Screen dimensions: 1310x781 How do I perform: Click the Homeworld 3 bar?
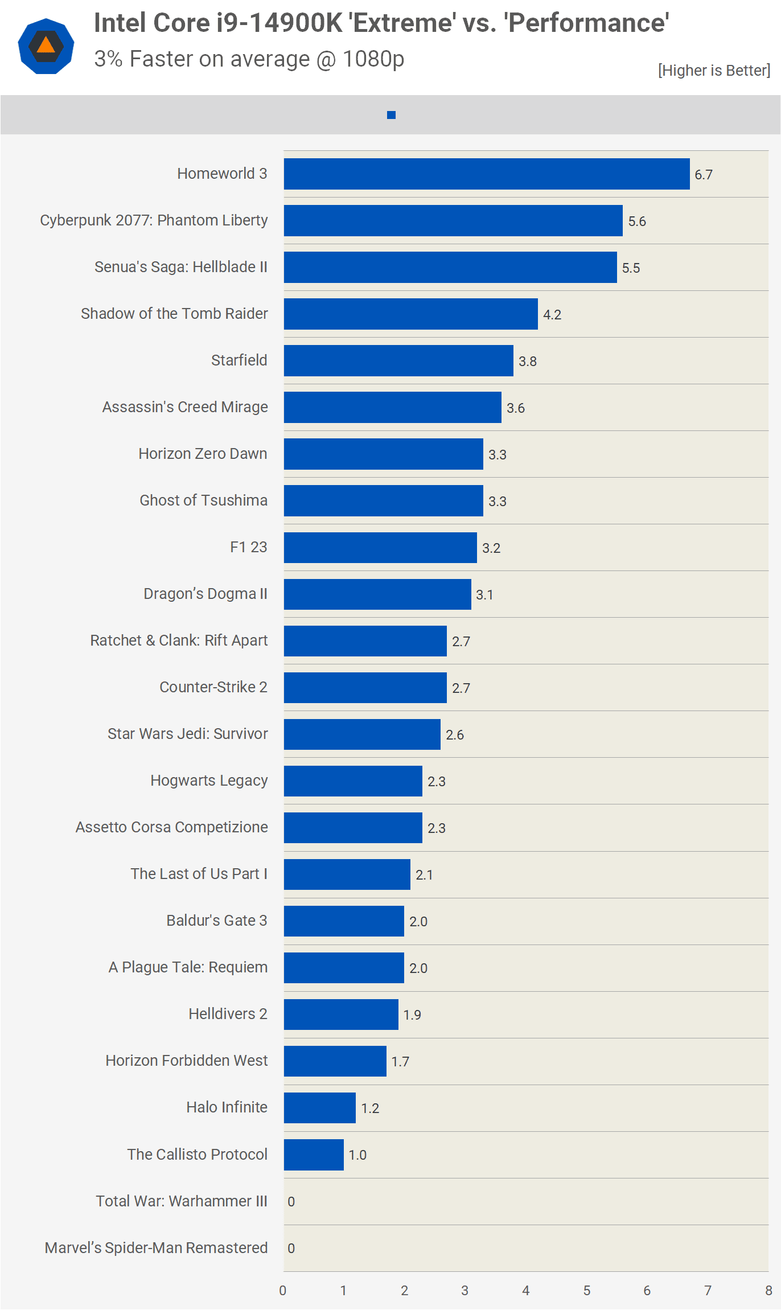point(487,174)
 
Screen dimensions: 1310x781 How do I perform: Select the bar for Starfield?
point(398,361)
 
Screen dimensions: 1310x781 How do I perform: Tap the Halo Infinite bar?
point(320,1108)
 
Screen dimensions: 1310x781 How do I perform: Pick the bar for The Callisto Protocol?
point(314,1155)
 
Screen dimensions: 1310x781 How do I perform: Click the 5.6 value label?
point(637,221)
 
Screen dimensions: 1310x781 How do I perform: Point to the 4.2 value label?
point(552,315)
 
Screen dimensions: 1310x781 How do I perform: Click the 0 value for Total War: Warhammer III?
point(291,1202)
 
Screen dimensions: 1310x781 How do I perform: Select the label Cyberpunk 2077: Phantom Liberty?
point(154,220)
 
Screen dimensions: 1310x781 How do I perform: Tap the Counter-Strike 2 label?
point(213,687)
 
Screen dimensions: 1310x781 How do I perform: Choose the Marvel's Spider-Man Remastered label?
point(156,1248)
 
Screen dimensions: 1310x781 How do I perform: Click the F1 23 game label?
point(249,547)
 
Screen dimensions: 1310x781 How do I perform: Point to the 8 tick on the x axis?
point(768,1291)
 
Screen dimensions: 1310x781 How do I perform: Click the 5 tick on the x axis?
point(587,1291)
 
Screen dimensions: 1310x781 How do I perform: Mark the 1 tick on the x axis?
point(343,1291)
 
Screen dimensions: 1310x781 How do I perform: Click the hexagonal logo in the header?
point(46,46)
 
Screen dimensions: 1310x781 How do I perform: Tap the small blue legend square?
point(391,115)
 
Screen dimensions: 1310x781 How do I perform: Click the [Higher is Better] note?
point(714,71)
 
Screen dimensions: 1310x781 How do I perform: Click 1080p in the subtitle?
point(373,59)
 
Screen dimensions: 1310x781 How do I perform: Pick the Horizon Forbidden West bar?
point(335,1061)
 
